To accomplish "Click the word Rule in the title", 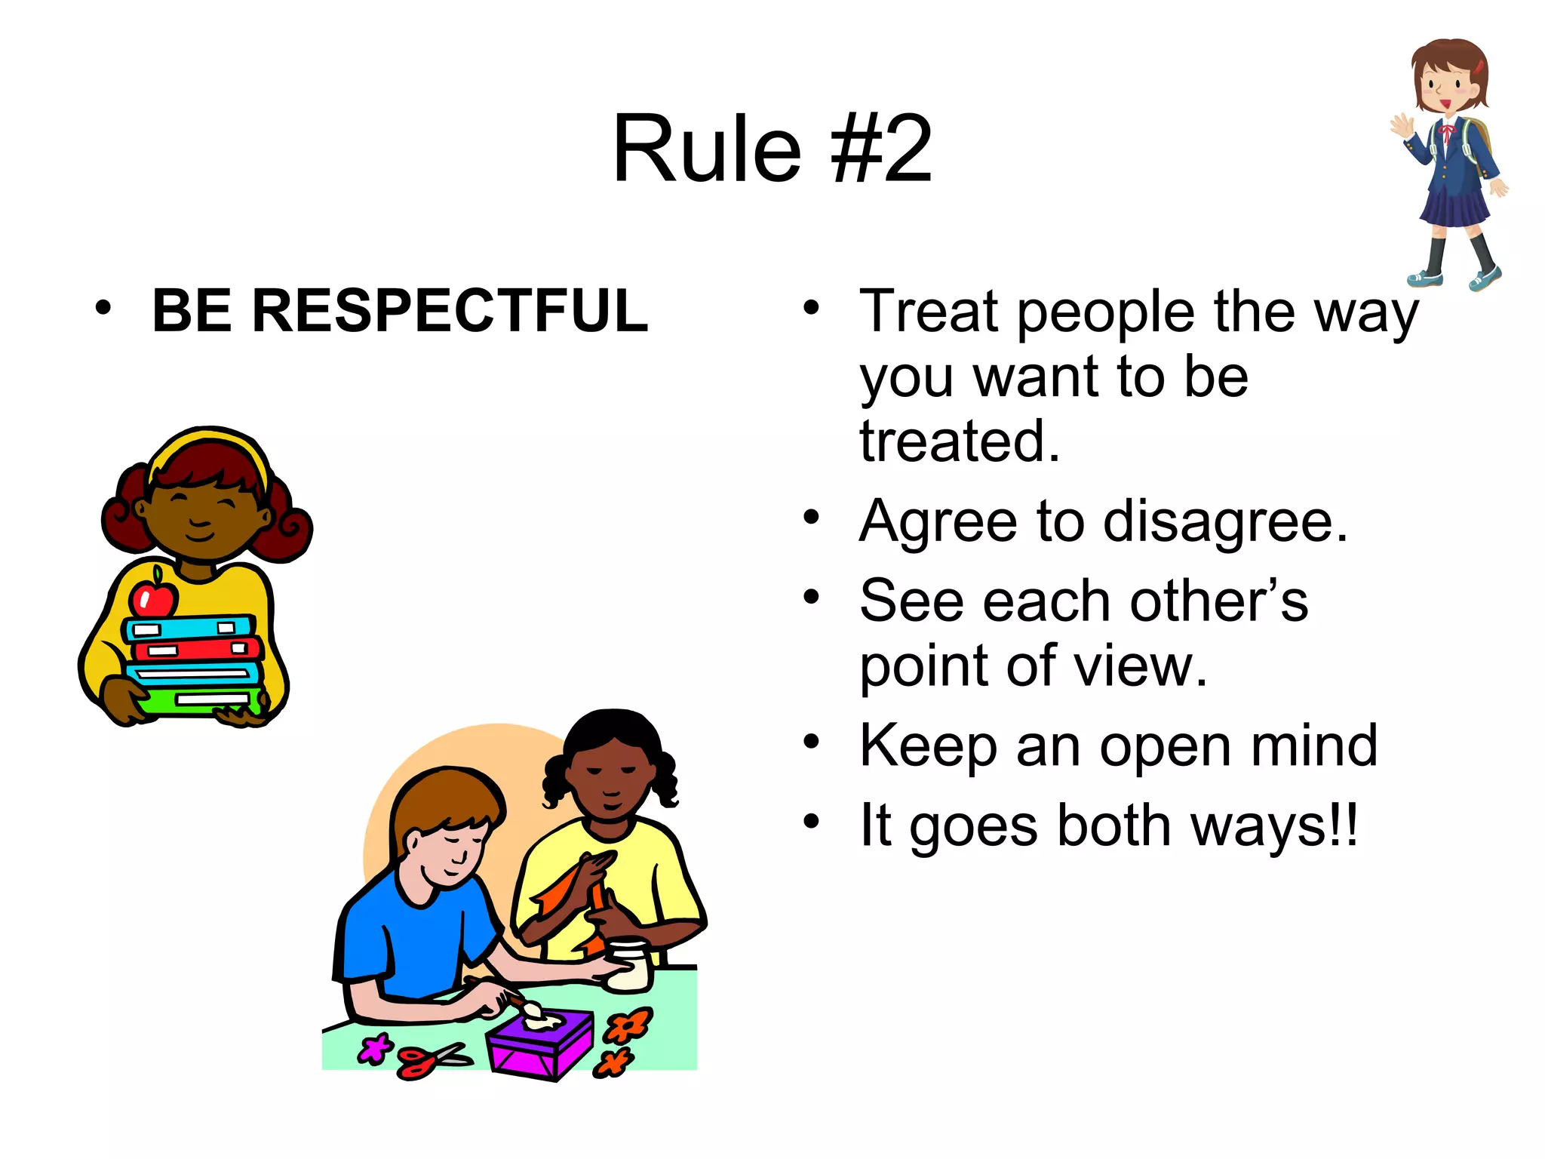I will [x=706, y=149].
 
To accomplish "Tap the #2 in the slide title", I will [x=881, y=149].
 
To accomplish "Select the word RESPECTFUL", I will [x=450, y=310].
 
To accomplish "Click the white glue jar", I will [x=628, y=966].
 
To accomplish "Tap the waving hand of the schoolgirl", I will [x=1402, y=126].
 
